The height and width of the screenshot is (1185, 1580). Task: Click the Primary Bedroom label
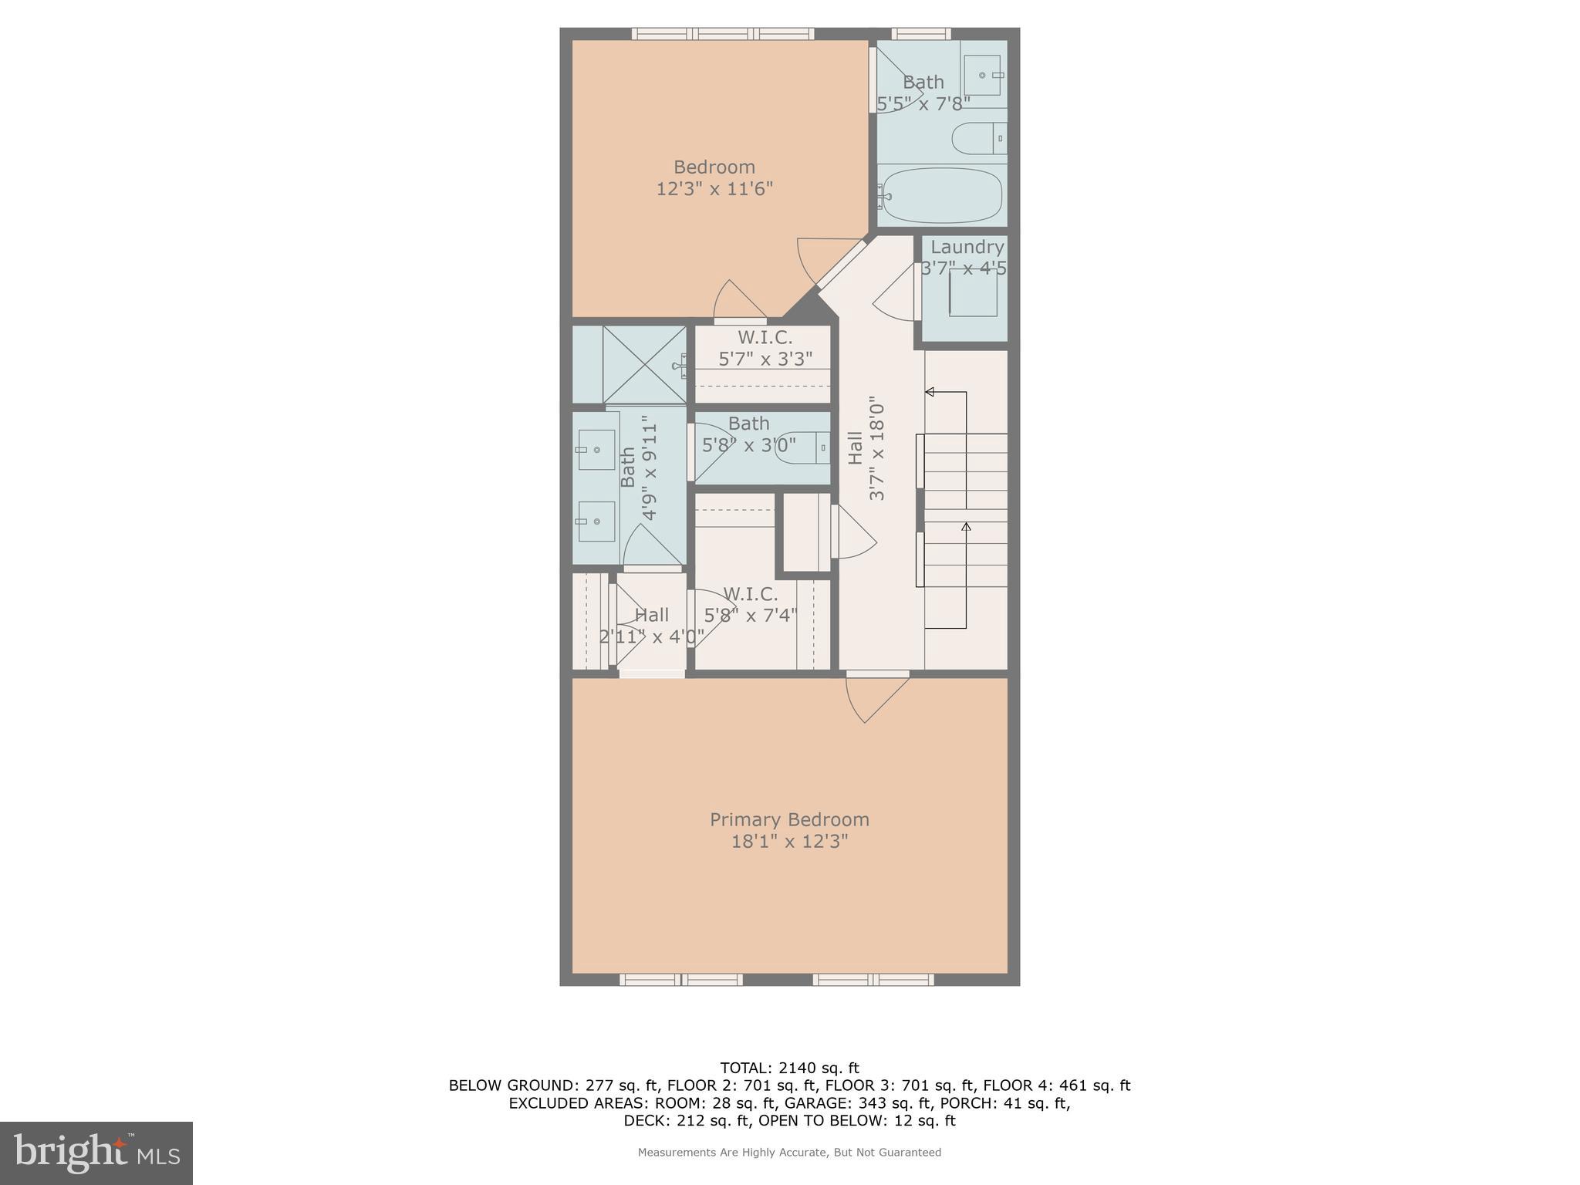pyautogui.click(x=789, y=819)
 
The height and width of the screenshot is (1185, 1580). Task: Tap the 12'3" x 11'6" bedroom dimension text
pyautogui.click(x=714, y=189)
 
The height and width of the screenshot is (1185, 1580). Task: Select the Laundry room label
pyautogui.click(x=967, y=247)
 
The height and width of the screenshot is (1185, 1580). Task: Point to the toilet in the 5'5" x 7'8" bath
pyautogui.click(x=977, y=139)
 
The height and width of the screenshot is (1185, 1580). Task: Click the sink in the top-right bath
pyautogui.click(x=983, y=75)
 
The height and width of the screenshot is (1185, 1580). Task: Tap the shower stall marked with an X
pyautogui.click(x=644, y=364)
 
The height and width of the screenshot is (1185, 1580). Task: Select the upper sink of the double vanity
pyautogui.click(x=596, y=449)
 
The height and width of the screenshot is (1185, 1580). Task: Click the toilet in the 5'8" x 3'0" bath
pyautogui.click(x=802, y=447)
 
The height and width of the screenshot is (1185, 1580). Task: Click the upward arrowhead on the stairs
pyautogui.click(x=966, y=527)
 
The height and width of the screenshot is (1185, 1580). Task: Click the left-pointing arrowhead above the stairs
pyautogui.click(x=930, y=392)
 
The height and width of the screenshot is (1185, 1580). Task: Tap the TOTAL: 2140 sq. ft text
pyautogui.click(x=789, y=1068)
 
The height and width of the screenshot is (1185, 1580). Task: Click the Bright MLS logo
pyautogui.click(x=96, y=1153)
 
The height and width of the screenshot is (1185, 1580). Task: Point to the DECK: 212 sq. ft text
pyautogui.click(x=687, y=1120)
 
